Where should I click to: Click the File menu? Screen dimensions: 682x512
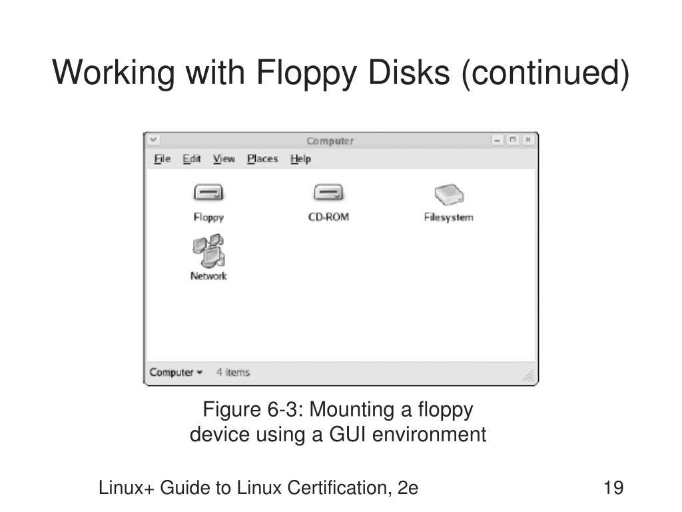point(162,159)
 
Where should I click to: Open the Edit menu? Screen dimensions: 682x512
point(192,159)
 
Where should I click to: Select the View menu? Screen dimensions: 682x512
point(224,159)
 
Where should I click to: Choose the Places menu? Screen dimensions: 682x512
point(262,159)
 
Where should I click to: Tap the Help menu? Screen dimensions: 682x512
point(300,159)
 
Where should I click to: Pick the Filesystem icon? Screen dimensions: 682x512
point(449,195)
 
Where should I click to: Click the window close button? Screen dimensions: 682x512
point(527,140)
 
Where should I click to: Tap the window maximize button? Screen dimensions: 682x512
point(513,140)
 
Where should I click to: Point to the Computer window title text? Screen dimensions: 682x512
point(330,141)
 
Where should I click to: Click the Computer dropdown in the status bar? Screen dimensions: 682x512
point(176,373)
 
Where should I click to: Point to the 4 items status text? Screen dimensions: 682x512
point(233,373)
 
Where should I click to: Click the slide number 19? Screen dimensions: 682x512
point(613,488)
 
